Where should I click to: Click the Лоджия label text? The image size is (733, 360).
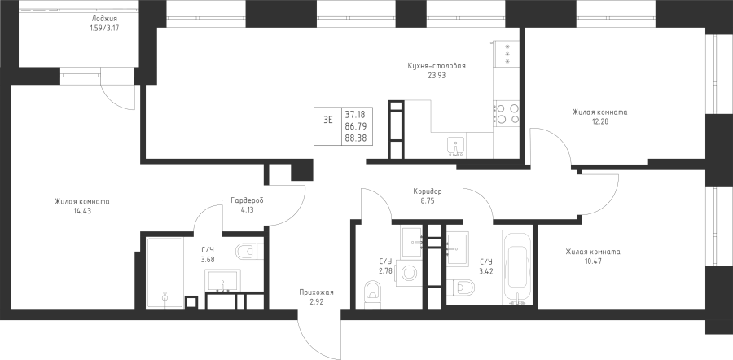click(x=103, y=19)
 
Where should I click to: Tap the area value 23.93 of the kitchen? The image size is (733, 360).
click(x=437, y=75)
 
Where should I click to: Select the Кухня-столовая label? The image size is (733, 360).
click(x=437, y=66)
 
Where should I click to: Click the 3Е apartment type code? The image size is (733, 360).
click(x=328, y=119)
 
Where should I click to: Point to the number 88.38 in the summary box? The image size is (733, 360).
click(x=356, y=138)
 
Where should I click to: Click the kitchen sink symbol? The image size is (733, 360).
click(x=455, y=147)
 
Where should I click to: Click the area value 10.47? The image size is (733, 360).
click(x=593, y=261)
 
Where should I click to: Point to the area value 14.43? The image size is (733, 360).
click(x=81, y=211)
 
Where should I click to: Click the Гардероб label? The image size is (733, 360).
click(x=248, y=200)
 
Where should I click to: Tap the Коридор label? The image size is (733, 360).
click(x=428, y=191)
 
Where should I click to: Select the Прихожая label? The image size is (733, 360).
click(x=317, y=292)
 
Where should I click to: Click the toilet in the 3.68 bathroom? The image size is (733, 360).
click(x=250, y=252)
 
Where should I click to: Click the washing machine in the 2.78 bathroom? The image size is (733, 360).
click(x=409, y=273)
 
